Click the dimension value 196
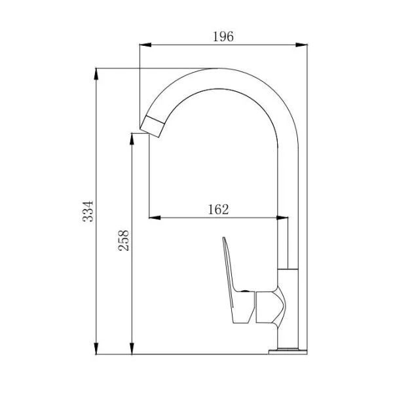pyautogui.click(x=223, y=37)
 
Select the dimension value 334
pyautogui.click(x=88, y=211)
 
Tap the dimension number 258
pyautogui.click(x=124, y=240)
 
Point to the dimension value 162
pyautogui.click(x=218, y=210)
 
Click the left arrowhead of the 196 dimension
pyautogui.click(x=145, y=45)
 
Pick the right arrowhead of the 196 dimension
pyautogui.click(x=301, y=45)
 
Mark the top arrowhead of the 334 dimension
pyautogui.click(x=96, y=74)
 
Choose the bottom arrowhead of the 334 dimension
pyautogui.click(x=96, y=348)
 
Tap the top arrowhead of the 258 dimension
pyautogui.click(x=132, y=139)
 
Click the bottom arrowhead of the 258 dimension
pyautogui.click(x=132, y=348)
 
